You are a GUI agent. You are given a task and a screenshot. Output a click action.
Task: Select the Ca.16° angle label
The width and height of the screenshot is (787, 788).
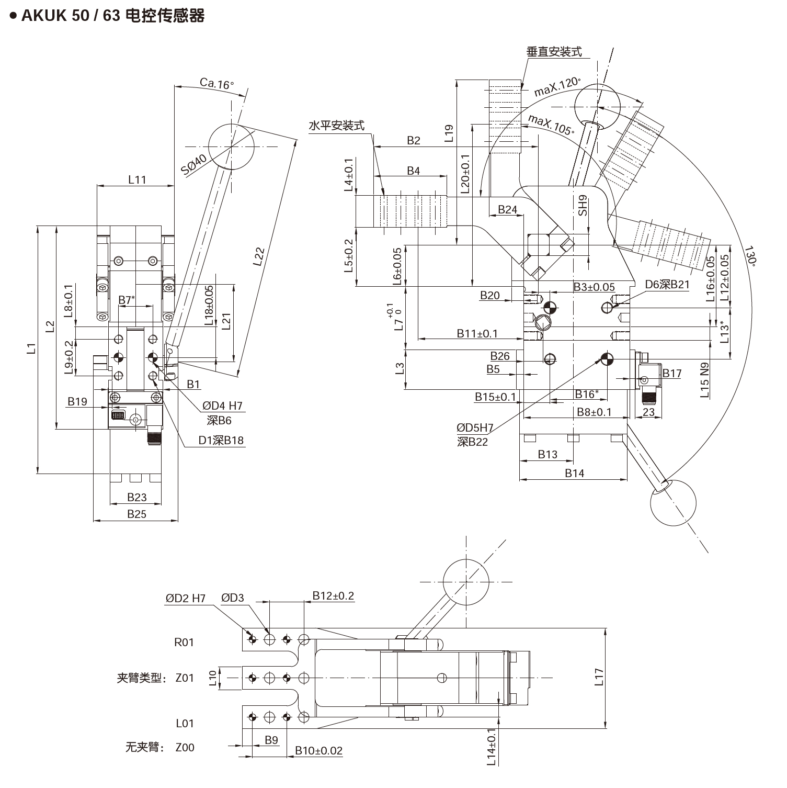click(x=216, y=83)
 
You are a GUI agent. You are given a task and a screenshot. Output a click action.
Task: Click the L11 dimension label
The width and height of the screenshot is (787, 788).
click(x=137, y=179)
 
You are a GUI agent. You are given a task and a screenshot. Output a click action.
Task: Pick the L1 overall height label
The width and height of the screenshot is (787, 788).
click(x=32, y=348)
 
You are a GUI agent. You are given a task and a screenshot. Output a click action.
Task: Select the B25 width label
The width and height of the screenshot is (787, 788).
click(x=137, y=514)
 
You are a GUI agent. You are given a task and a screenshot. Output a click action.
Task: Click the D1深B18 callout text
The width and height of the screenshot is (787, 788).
click(x=221, y=440)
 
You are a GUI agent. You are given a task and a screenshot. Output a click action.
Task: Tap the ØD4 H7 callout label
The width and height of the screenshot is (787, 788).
click(x=223, y=406)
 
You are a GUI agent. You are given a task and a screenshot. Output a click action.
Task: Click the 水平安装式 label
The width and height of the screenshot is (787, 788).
click(x=336, y=126)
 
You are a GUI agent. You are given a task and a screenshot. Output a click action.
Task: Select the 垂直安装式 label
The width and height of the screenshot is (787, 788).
click(x=554, y=52)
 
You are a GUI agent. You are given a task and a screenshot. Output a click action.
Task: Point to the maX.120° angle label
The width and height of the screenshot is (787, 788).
click(x=557, y=87)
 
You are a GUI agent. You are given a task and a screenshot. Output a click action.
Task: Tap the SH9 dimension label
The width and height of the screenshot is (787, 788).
click(x=583, y=205)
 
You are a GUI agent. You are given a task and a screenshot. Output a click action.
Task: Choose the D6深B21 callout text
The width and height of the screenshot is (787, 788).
click(x=667, y=285)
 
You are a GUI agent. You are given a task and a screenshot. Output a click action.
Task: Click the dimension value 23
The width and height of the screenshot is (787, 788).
click(x=648, y=412)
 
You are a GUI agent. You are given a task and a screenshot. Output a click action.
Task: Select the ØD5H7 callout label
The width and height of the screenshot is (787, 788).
click(x=475, y=427)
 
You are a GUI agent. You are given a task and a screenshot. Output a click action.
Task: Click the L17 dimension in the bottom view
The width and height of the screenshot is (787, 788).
click(x=599, y=677)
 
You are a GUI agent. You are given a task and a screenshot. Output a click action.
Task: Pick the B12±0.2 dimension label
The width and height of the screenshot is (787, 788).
click(x=333, y=596)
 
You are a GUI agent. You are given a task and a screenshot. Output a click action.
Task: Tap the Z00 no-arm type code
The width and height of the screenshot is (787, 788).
click(x=185, y=747)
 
